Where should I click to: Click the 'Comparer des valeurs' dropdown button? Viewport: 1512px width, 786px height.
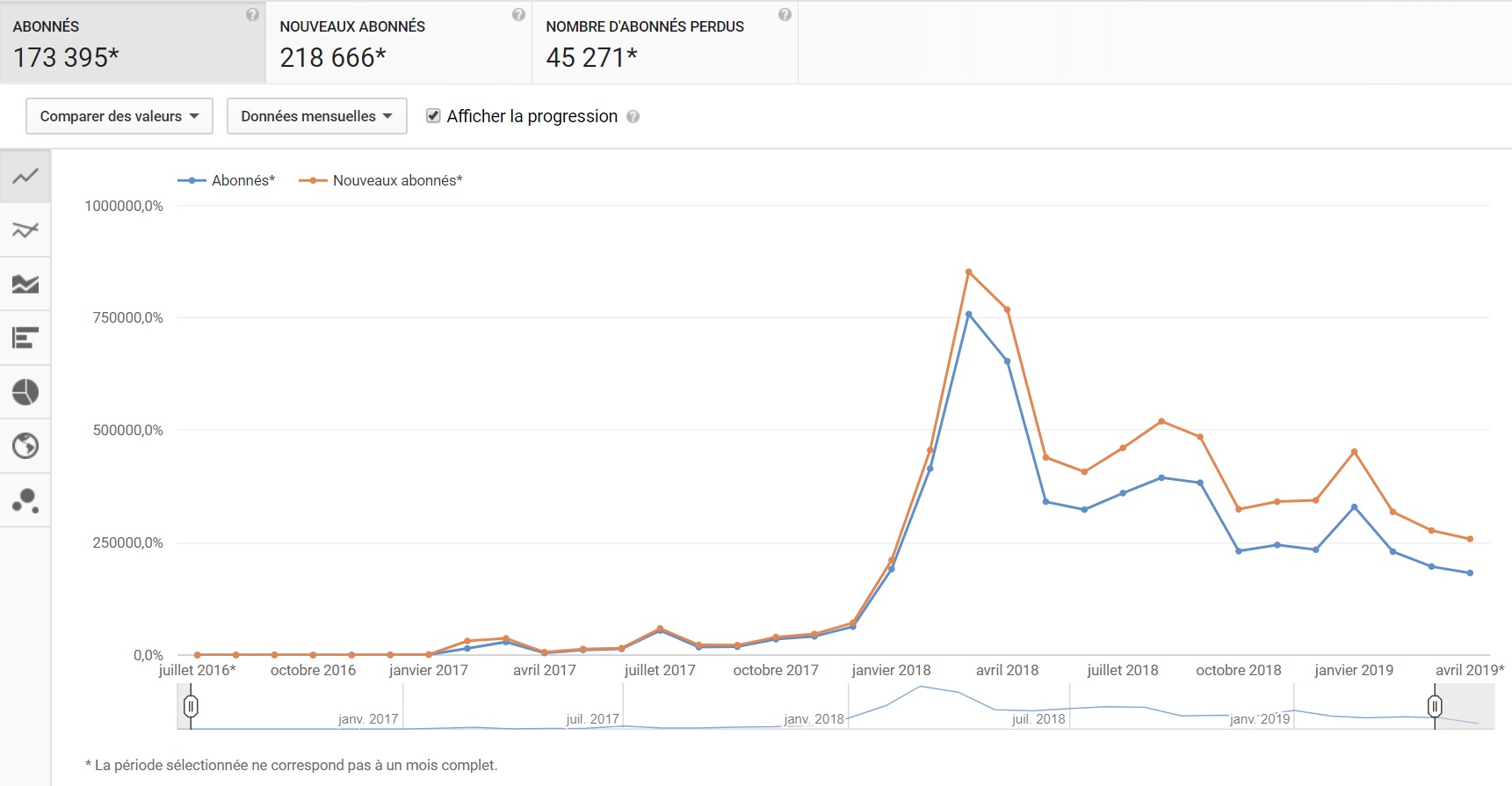[x=119, y=116]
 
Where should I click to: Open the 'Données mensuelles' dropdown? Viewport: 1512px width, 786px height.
[x=316, y=116]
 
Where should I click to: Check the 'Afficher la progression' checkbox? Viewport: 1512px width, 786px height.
[x=433, y=116]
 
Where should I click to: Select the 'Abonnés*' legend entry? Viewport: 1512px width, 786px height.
[x=227, y=180]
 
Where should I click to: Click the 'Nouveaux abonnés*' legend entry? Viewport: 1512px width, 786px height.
[x=380, y=180]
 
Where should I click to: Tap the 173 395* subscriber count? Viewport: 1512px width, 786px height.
[x=66, y=58]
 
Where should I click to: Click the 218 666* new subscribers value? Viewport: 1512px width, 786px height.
[x=333, y=58]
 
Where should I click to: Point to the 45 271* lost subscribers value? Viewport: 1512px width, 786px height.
[x=591, y=58]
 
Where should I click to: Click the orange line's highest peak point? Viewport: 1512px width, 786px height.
[x=968, y=272]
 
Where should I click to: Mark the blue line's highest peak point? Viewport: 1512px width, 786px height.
[x=968, y=314]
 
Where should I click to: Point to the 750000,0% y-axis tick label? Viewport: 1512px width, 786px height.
[x=128, y=317]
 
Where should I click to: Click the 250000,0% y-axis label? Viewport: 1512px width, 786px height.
[x=128, y=542]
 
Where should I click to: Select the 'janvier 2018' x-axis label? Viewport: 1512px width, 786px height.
[x=891, y=670]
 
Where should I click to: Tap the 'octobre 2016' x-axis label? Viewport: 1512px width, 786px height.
[x=313, y=670]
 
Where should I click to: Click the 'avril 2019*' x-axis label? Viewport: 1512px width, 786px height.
[x=1470, y=670]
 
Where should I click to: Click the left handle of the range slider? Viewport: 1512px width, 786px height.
[x=191, y=706]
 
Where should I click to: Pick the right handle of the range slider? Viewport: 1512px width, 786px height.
[x=1435, y=706]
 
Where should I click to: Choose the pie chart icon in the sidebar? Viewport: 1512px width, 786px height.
[x=25, y=391]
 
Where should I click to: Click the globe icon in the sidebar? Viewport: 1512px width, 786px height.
[x=25, y=446]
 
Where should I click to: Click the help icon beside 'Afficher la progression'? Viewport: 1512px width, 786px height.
[x=633, y=117]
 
